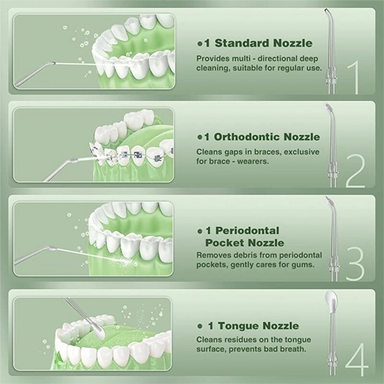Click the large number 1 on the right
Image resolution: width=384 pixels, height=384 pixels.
[353, 78]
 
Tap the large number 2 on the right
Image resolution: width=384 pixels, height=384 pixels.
[355, 171]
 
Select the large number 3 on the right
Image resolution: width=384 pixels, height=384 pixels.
[355, 265]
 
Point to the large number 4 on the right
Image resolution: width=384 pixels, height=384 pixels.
[357, 359]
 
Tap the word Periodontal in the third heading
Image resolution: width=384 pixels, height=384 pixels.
[247, 230]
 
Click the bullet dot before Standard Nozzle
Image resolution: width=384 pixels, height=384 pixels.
[200, 44]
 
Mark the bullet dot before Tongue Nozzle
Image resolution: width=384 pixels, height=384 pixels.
[200, 326]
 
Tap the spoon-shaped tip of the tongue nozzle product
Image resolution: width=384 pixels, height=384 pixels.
[330, 298]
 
